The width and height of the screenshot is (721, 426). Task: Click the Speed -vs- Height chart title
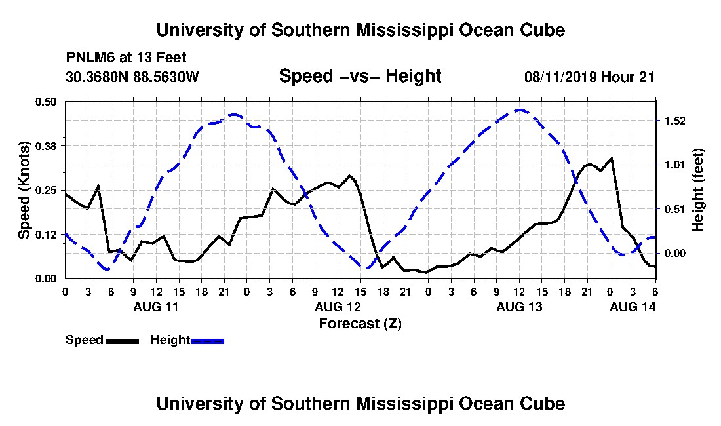pos(360,76)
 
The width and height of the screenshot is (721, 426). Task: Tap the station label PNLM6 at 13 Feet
pos(126,58)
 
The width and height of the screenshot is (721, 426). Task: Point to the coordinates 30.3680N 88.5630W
pos(132,77)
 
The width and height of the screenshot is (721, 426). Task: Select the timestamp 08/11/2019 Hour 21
pos(589,77)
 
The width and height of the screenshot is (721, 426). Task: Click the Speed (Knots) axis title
pos(24,190)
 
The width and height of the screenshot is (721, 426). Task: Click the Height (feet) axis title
pos(697,190)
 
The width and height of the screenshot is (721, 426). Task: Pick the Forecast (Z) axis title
pos(360,324)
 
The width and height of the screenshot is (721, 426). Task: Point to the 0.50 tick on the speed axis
pos(46,102)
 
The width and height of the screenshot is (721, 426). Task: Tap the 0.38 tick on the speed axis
pos(46,146)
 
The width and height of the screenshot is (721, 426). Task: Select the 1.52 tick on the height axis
pos(674,121)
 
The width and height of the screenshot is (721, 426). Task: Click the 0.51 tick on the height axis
pos(674,209)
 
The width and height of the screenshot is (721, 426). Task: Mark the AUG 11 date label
pos(155,307)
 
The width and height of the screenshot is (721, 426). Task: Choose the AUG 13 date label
pos(519,307)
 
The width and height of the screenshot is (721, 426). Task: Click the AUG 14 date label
pos(633,307)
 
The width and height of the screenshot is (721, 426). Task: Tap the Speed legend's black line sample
pos(123,341)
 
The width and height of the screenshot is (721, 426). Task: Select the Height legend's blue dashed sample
pos(207,341)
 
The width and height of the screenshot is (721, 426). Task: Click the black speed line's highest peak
pos(612,158)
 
